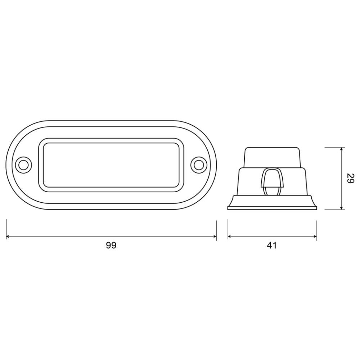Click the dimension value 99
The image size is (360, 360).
tap(112, 246)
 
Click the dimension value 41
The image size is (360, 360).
tap(272, 246)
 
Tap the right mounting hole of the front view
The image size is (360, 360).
tap(197, 165)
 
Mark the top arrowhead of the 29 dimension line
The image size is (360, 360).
tap(341, 149)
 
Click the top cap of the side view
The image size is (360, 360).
tap(272, 157)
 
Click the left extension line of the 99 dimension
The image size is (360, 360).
tap(6, 229)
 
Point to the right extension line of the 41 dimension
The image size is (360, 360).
tap(316, 229)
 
